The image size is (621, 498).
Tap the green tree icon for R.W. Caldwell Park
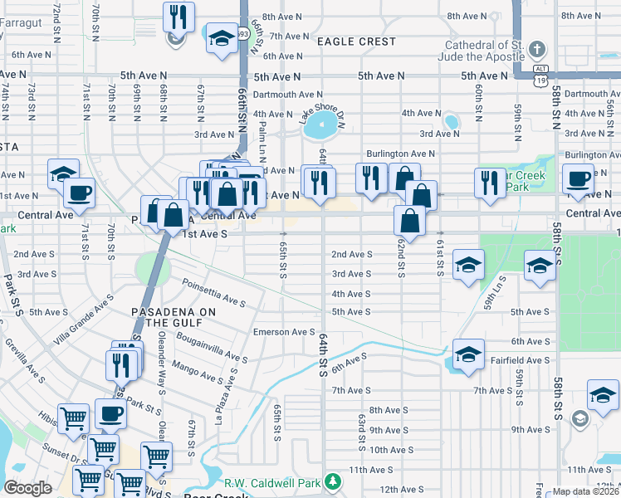(x=332, y=481)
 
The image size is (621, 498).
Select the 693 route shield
(x=242, y=34)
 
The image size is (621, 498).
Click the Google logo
(x=27, y=487)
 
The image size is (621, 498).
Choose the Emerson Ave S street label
(x=284, y=332)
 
